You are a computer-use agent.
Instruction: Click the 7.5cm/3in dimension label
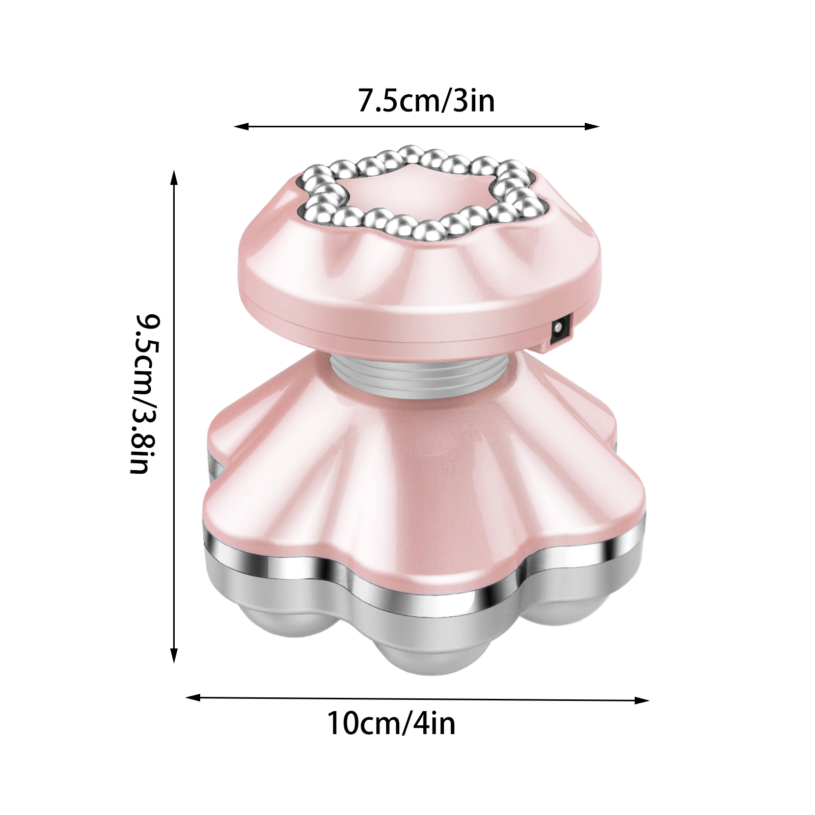point(426,101)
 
